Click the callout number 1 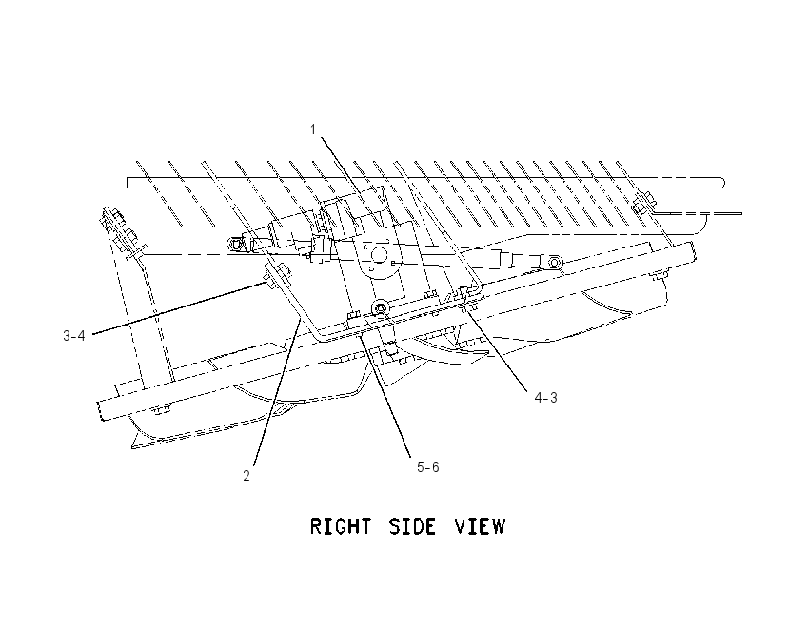tap(313, 129)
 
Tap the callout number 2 tap(247, 476)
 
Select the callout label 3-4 tap(74, 336)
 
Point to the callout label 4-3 tap(546, 398)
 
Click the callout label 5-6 tap(428, 467)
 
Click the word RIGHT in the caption tap(340, 526)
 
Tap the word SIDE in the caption tap(412, 526)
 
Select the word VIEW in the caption tap(480, 526)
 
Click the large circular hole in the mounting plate tap(380, 254)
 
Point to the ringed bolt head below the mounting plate tap(381, 308)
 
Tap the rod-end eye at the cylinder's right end tap(554, 263)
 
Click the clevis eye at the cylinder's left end tap(236, 244)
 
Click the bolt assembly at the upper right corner tap(642, 204)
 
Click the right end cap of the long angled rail tap(690, 252)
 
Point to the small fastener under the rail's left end tap(162, 410)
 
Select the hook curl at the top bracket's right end tap(721, 182)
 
